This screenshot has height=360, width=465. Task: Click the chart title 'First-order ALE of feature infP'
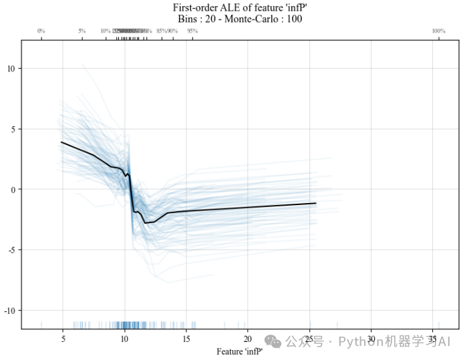click(x=240, y=7)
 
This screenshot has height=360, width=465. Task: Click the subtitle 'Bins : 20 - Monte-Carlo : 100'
click(x=240, y=19)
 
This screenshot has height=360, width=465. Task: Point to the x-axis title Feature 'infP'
click(x=240, y=350)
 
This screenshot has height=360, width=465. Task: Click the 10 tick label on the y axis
click(x=12, y=68)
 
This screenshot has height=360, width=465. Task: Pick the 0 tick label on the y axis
click(x=14, y=190)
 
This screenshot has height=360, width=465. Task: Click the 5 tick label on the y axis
click(x=14, y=129)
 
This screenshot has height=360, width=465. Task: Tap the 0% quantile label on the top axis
click(x=41, y=31)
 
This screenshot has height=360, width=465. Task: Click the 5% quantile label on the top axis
click(x=82, y=31)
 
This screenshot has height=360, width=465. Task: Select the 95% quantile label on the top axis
click(x=192, y=31)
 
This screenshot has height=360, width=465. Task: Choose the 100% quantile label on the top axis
click(x=438, y=31)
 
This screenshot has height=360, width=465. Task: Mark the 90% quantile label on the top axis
click(x=172, y=31)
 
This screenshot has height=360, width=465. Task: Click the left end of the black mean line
click(x=61, y=142)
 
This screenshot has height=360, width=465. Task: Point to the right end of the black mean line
click(x=315, y=203)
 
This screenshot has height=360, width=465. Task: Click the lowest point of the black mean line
click(x=145, y=223)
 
